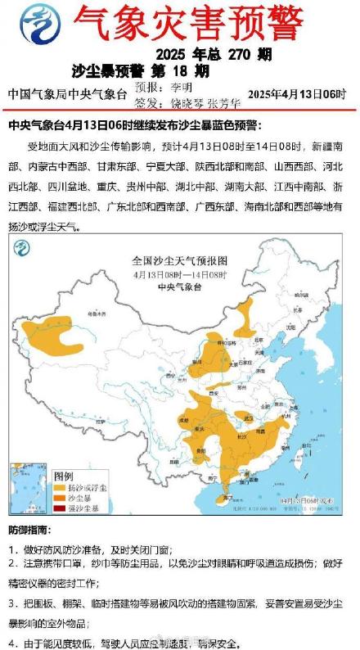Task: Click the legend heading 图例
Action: coord(64,476)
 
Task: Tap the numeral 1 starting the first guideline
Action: coord(11,549)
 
